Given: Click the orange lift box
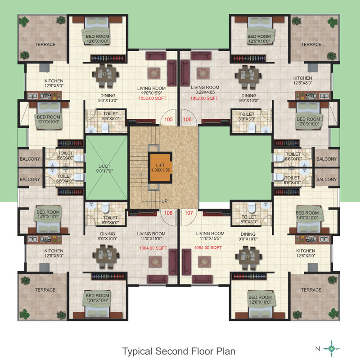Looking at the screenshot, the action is (160, 167).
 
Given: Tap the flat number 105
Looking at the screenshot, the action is (168, 119).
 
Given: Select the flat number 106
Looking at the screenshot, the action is (187, 119).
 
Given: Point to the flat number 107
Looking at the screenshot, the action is (189, 213).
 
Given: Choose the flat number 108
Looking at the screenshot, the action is (168, 213).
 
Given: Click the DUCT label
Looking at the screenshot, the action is (104, 166).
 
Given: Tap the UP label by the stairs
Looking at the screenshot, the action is (164, 201).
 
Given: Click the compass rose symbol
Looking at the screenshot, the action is (331, 349).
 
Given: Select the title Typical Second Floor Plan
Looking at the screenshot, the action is (179, 351).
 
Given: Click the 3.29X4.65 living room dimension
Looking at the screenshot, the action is (205, 92).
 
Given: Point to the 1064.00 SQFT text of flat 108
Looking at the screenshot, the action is (153, 248).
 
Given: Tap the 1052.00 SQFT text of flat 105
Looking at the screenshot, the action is (152, 98).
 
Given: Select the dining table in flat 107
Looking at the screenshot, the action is (248, 257).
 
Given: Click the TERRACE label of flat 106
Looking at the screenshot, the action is (311, 44).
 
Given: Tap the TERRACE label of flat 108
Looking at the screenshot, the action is (45, 290).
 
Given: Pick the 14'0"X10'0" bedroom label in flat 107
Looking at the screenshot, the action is (307, 218).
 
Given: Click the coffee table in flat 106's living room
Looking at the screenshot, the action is (203, 73).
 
